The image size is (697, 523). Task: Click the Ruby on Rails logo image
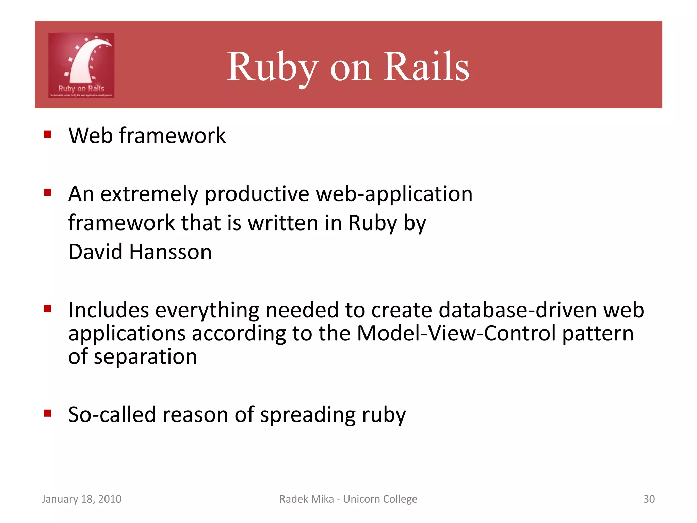[x=81, y=65]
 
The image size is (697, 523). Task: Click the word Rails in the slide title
[x=426, y=66]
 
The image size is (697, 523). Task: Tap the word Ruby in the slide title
[x=272, y=66]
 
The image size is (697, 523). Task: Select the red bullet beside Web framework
[x=47, y=134]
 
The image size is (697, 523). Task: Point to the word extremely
[x=149, y=194]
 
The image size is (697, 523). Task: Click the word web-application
[x=394, y=194]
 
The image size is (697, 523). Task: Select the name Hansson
[x=171, y=252]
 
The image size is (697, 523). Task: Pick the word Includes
[x=109, y=310]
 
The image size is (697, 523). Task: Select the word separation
[x=145, y=357]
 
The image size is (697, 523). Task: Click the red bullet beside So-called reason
[x=47, y=413]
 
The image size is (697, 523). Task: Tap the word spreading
[x=308, y=415]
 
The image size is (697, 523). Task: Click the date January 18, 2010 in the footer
[x=81, y=499]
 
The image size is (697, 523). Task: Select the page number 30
[x=649, y=499]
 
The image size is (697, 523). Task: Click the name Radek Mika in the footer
[x=306, y=499]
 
